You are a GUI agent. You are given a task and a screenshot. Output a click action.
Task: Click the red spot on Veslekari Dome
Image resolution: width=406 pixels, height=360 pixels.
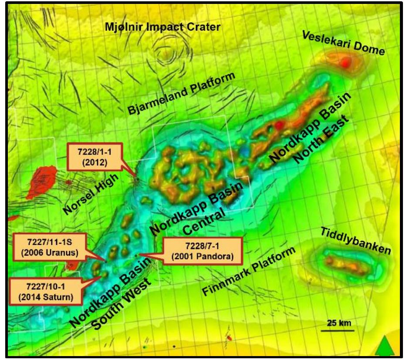(345, 63)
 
